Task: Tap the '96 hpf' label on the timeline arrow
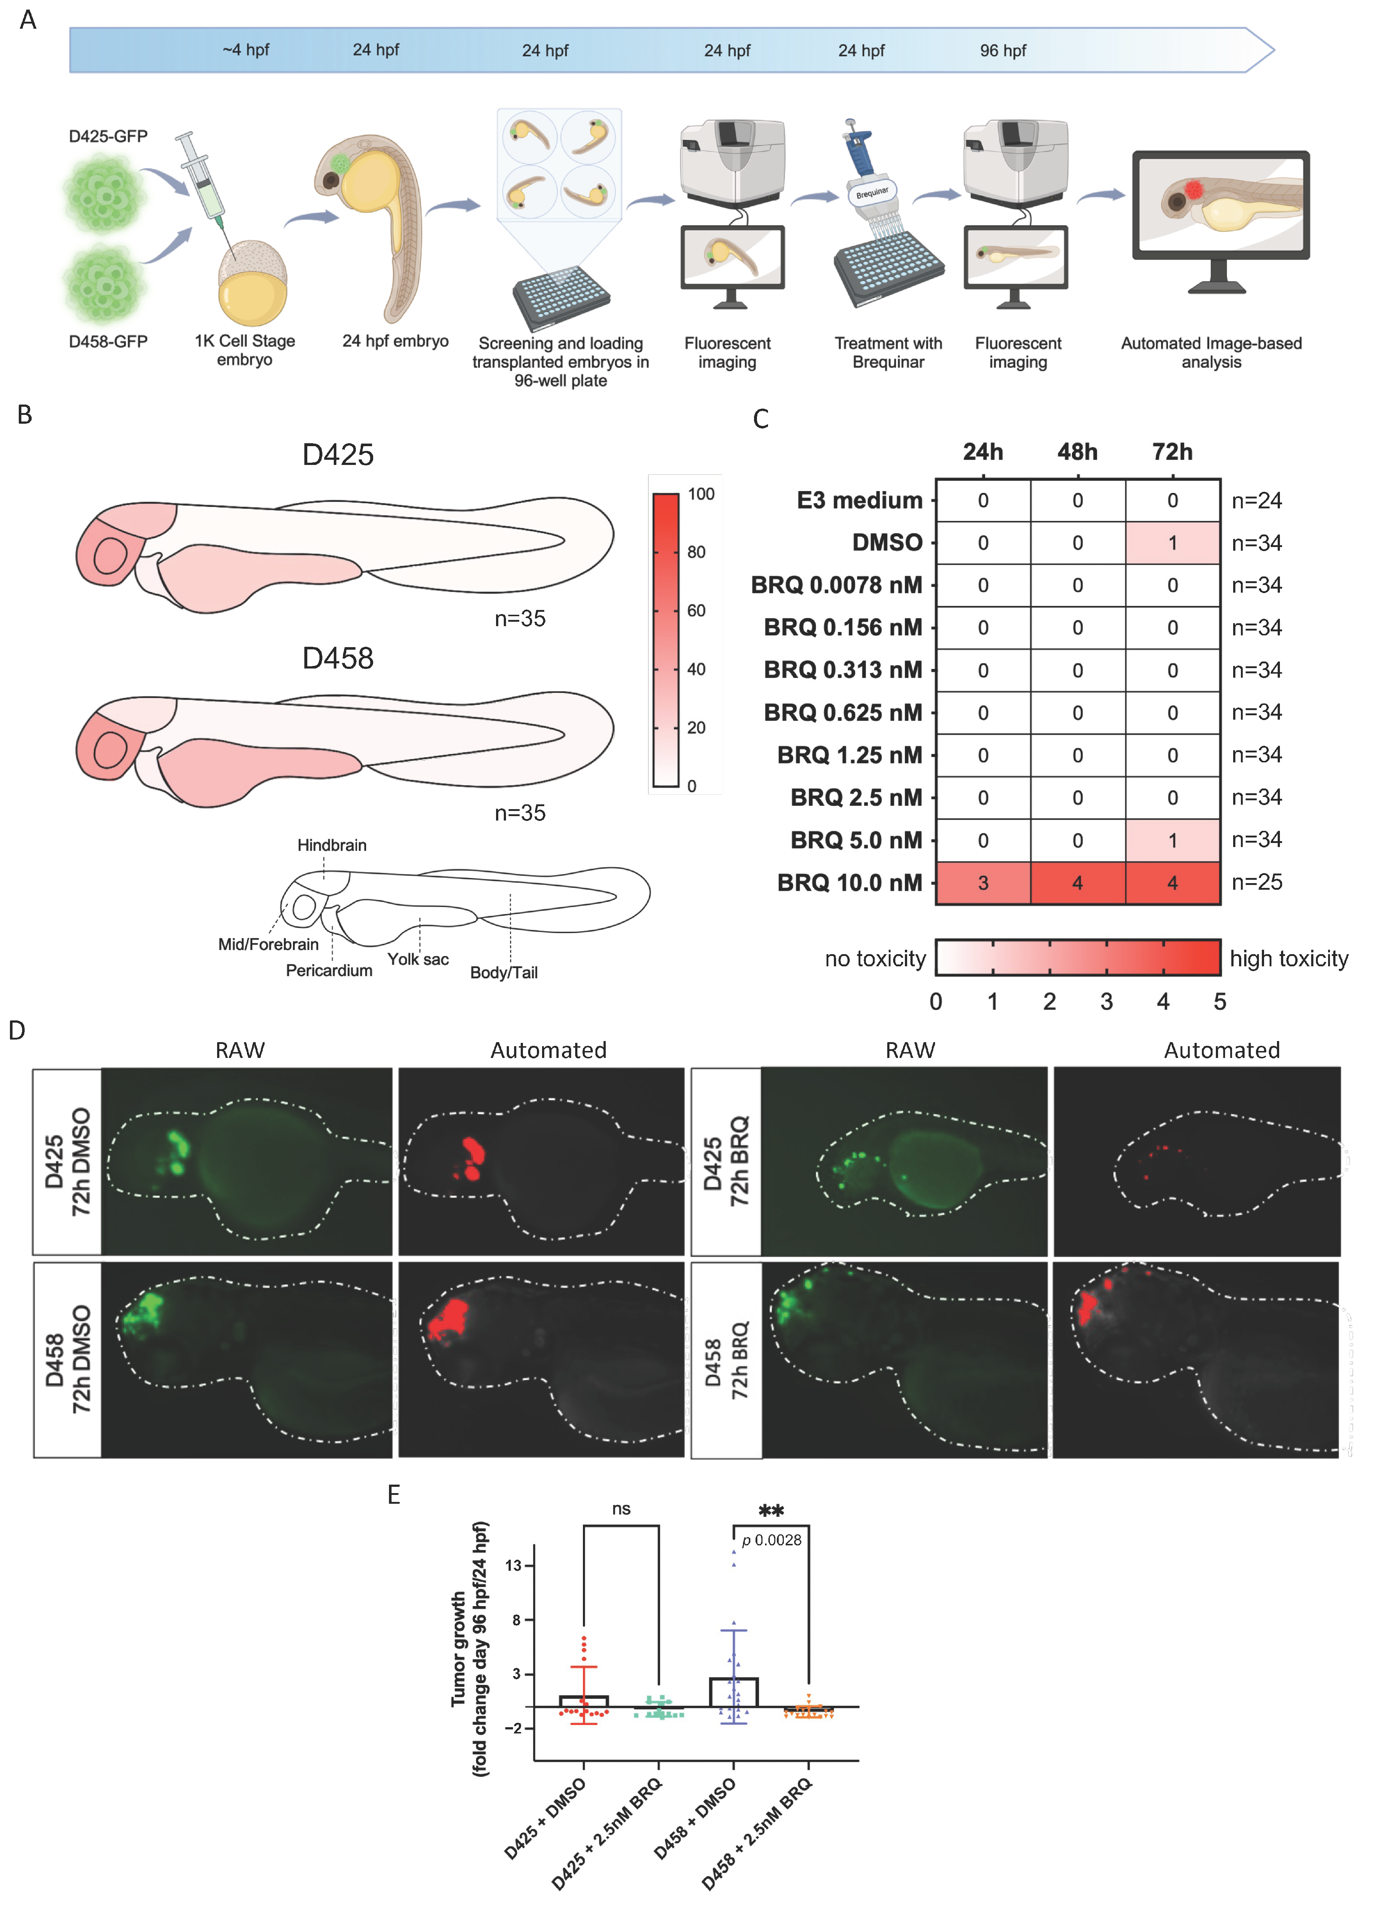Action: coord(1003,50)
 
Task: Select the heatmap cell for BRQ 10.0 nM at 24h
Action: coord(983,883)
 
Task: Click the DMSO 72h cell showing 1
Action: coord(1172,543)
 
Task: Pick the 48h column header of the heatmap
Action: coord(1077,452)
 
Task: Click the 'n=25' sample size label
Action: coord(1256,882)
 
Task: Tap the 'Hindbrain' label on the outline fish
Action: coord(332,845)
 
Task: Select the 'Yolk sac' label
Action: coord(418,959)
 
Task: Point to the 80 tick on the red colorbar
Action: coord(696,552)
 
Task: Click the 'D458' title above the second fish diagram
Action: coord(337,658)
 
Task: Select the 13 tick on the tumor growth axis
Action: coord(513,1566)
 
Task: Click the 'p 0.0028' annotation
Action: coord(771,1539)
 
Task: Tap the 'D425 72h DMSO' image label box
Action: coord(67,1162)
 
